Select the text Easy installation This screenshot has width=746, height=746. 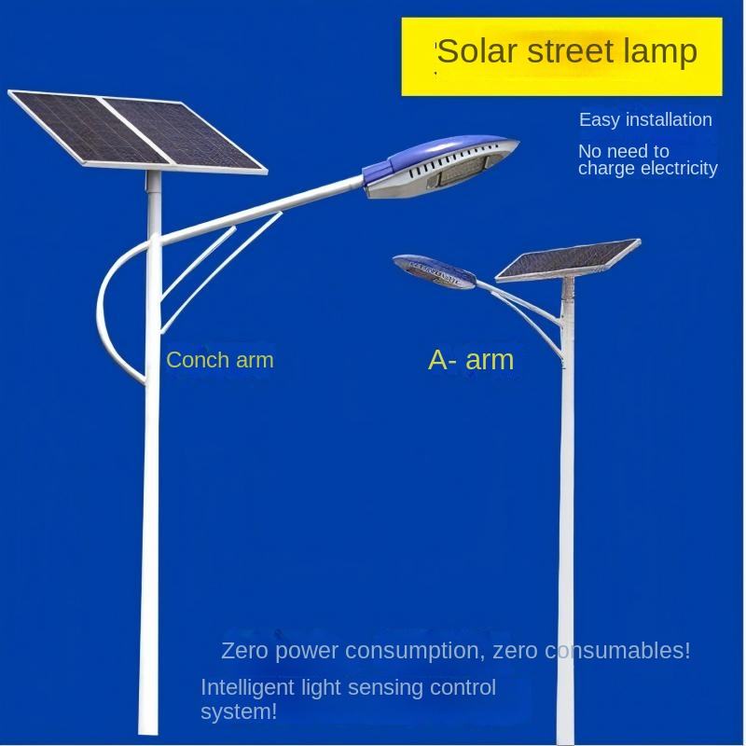point(645,119)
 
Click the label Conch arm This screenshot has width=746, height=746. point(220,360)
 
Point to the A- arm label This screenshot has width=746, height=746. point(471,359)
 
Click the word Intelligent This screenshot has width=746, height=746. point(243,688)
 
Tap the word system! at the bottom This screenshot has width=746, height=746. point(239,712)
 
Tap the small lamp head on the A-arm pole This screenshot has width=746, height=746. point(434,269)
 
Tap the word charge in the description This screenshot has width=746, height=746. point(605,169)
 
